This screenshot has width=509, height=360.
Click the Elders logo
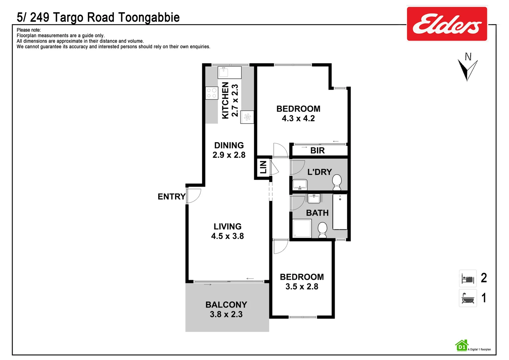tap(447, 24)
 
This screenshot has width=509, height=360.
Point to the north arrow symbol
tap(467, 68)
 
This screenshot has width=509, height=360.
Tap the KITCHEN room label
tap(226, 100)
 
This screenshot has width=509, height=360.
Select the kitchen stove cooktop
tap(212, 93)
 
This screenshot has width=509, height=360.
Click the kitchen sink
tap(223, 72)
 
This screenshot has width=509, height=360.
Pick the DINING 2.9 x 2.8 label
tap(229, 150)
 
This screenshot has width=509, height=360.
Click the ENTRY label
tap(171, 197)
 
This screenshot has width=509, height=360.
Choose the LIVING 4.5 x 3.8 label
tap(228, 231)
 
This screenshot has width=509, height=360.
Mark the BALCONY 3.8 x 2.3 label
tap(226, 309)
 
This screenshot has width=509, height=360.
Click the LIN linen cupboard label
tap(263, 167)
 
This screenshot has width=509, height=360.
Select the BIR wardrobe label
tap(317, 151)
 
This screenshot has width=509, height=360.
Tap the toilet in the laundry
tap(337, 182)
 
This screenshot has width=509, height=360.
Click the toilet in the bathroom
tap(322, 230)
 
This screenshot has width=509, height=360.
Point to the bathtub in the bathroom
tap(340, 212)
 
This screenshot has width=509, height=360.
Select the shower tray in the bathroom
tap(302, 228)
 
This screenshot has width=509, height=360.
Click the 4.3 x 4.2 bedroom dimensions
tap(298, 118)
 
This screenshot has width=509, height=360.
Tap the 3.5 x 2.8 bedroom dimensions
tap(302, 287)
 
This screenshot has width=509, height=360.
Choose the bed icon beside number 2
tap(468, 278)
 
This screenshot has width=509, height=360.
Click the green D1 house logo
tap(462, 346)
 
